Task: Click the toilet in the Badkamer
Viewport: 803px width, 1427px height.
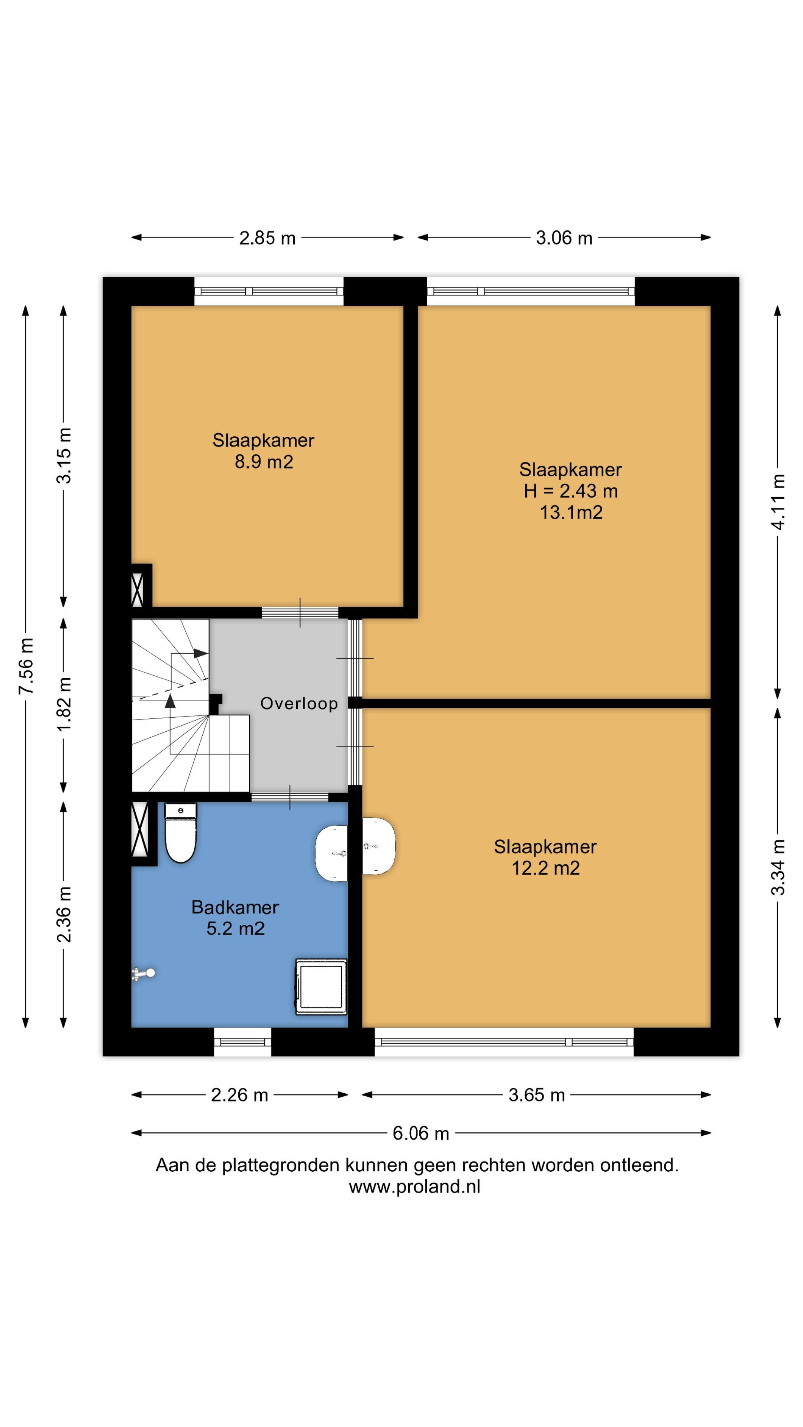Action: click(x=181, y=832)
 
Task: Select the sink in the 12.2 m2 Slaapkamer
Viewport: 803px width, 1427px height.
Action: click(x=378, y=846)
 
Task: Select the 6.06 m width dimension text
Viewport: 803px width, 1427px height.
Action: click(x=420, y=1133)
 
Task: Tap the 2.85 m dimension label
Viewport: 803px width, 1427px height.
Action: click(x=267, y=238)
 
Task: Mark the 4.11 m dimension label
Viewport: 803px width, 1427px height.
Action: click(x=778, y=502)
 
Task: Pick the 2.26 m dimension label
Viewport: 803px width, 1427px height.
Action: click(x=239, y=1095)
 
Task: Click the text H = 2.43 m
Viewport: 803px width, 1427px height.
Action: click(x=571, y=491)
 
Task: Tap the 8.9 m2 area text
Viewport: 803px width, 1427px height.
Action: click(x=264, y=462)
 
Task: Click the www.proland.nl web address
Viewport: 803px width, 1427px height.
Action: click(x=415, y=1187)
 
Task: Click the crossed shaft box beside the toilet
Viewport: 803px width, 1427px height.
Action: click(x=140, y=829)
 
